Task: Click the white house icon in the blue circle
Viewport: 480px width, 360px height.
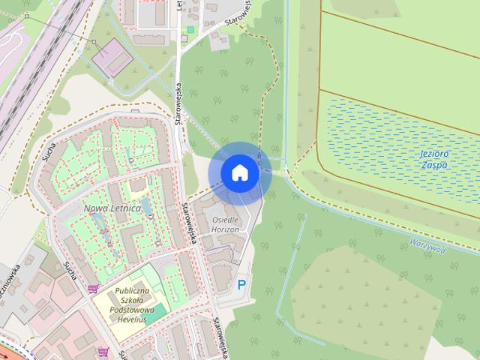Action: click(239, 172)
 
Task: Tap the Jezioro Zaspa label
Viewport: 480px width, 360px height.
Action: click(433, 158)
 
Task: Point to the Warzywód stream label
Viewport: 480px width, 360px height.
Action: click(427, 245)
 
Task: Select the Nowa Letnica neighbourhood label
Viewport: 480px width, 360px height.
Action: click(112, 207)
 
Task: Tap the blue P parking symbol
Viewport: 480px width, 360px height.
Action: click(241, 285)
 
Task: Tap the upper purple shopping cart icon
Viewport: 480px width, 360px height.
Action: click(93, 288)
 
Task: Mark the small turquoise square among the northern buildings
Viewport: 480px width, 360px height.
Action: click(190, 29)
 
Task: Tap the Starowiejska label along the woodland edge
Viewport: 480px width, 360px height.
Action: click(179, 112)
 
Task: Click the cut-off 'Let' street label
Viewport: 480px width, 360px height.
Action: click(180, 7)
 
